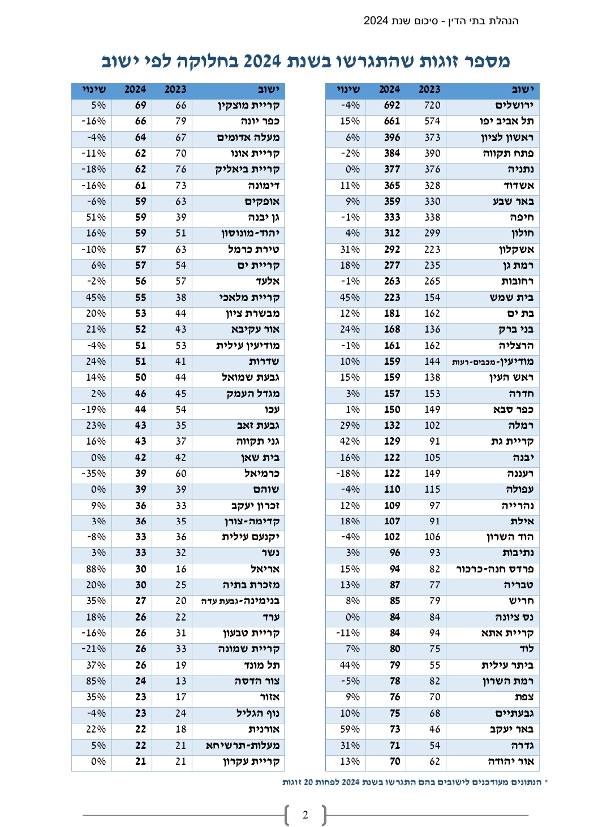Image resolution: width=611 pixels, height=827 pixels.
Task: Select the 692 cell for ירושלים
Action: (391, 105)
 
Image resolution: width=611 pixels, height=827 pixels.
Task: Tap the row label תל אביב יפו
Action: (506, 121)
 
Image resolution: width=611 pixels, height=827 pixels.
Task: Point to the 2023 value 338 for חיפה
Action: (432, 217)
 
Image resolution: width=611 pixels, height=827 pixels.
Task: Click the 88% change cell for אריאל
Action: (96, 569)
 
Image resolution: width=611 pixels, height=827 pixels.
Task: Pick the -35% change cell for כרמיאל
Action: (93, 473)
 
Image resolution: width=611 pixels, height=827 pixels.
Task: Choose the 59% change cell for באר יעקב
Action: (350, 729)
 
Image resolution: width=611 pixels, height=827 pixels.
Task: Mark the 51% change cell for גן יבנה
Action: (96, 217)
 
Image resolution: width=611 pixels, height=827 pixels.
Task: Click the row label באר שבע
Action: (513, 201)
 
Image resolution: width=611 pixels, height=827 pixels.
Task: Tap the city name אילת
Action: (522, 521)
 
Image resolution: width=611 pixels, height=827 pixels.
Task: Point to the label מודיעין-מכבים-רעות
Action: (493, 361)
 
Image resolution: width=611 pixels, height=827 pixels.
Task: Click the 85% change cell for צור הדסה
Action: (96, 681)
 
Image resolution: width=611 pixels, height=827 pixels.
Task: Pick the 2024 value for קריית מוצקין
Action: (140, 105)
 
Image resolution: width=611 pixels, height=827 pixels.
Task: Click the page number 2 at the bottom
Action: (305, 815)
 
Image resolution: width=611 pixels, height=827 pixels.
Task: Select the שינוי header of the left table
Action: (94, 89)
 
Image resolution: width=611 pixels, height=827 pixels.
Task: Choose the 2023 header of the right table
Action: (429, 89)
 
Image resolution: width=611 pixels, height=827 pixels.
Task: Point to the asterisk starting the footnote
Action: (546, 782)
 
